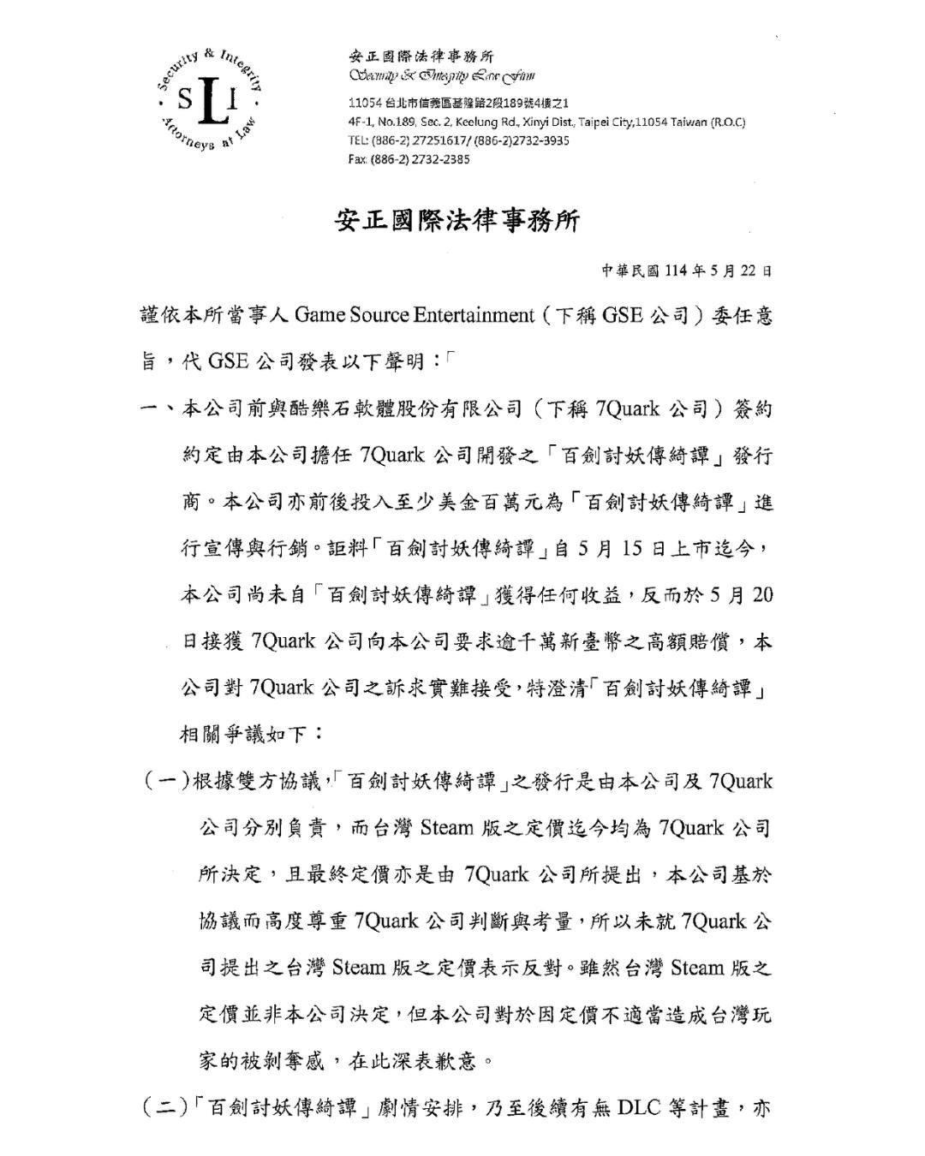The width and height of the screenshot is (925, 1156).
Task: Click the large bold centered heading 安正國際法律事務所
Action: pos(457,221)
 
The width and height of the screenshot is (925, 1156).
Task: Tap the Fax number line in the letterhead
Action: pos(409,159)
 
